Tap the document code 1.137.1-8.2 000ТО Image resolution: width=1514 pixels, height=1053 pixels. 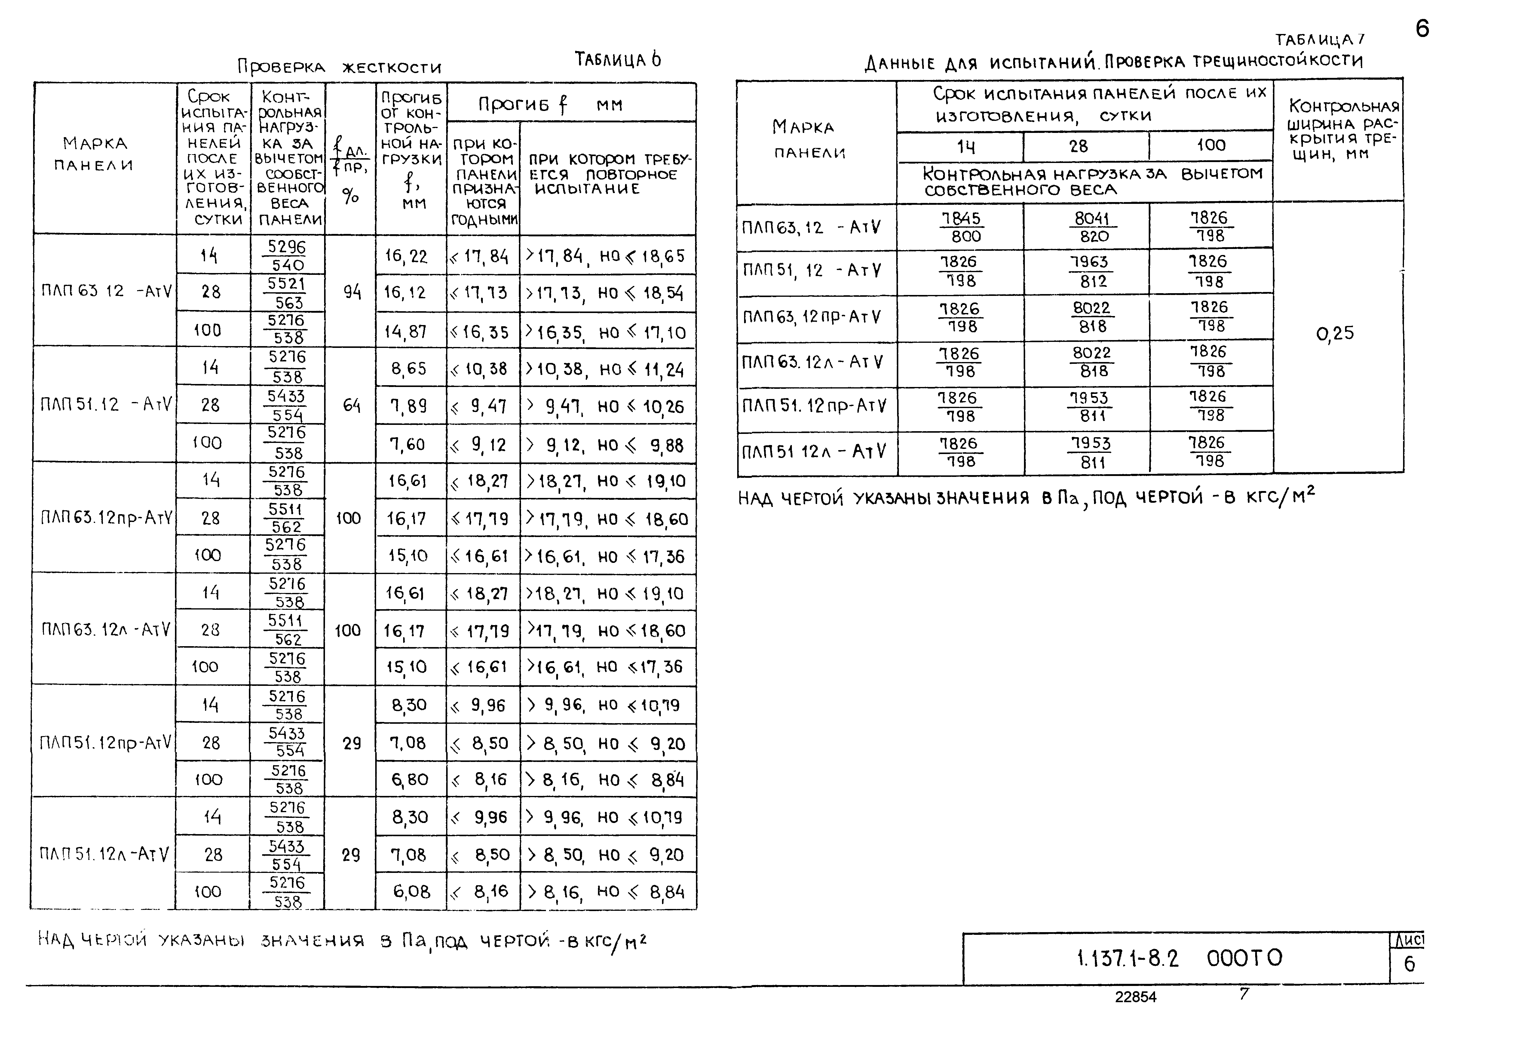coord(1179,958)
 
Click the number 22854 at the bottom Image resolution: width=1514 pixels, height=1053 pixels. coord(1135,997)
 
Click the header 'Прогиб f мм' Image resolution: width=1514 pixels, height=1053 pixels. coord(550,104)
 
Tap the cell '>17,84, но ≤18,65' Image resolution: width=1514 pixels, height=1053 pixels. coord(605,256)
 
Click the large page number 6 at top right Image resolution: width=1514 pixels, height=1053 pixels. coord(1422,29)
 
